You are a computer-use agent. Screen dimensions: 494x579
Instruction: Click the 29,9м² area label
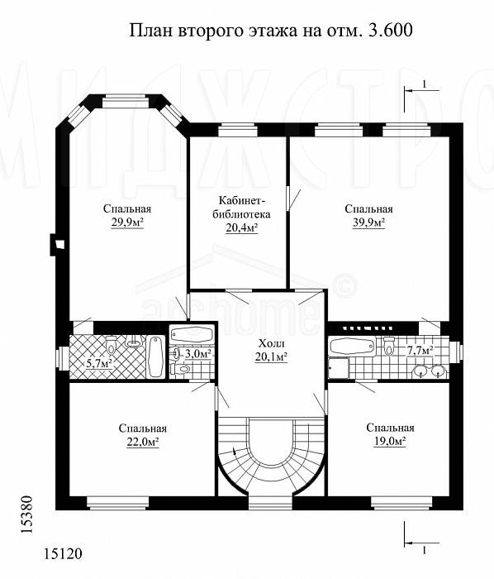(x=127, y=223)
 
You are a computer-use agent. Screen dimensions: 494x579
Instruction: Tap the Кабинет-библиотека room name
(x=241, y=208)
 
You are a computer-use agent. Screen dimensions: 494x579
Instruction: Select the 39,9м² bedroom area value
(x=368, y=223)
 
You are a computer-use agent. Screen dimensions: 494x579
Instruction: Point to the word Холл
(x=271, y=344)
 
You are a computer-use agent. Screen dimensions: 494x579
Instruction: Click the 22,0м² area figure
(x=143, y=442)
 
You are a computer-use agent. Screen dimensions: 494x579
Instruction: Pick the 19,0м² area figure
(x=390, y=441)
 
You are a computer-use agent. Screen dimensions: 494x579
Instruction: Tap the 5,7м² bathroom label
(x=99, y=364)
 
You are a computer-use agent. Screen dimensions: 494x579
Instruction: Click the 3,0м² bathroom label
(x=198, y=354)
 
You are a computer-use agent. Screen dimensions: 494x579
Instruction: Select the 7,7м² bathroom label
(x=419, y=350)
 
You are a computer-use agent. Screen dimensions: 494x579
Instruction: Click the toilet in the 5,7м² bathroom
(x=111, y=344)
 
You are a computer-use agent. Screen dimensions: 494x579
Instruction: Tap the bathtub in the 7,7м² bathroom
(x=353, y=347)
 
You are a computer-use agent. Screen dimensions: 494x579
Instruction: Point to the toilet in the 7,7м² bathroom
(x=388, y=346)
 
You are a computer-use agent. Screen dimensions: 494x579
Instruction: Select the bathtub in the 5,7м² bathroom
(x=155, y=356)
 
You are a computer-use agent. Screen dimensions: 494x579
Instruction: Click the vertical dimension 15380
(x=27, y=514)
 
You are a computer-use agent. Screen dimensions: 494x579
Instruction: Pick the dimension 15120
(x=63, y=554)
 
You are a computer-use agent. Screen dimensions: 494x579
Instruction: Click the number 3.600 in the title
(x=390, y=31)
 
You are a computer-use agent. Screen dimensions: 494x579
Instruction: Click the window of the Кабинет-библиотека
(x=237, y=130)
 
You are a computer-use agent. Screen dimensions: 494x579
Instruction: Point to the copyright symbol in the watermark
(x=344, y=285)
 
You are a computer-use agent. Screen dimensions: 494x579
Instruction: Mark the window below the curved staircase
(x=270, y=503)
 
